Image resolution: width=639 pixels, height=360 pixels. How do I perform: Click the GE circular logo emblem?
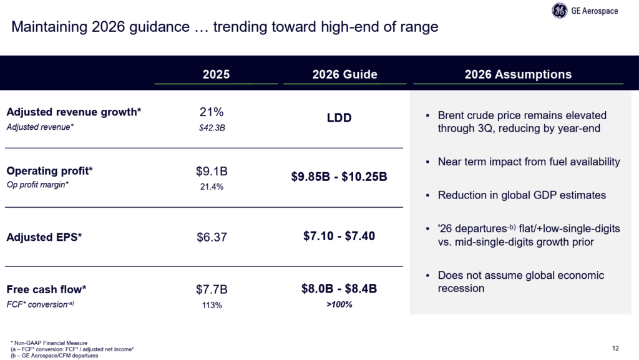click(560, 11)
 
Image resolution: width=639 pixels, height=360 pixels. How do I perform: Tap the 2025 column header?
click(216, 74)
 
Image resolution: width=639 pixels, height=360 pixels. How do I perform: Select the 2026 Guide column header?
click(344, 74)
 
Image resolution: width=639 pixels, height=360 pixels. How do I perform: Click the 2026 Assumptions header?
click(518, 74)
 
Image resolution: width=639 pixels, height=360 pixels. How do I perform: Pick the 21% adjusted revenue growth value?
click(211, 112)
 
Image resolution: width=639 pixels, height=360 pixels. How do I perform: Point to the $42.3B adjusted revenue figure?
click(211, 127)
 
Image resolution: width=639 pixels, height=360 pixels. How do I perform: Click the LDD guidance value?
click(339, 118)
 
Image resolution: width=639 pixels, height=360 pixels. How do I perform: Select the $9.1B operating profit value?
click(212, 171)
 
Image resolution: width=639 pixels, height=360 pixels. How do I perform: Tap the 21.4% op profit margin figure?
click(211, 187)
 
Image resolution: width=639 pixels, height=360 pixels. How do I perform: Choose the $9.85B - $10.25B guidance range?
click(339, 177)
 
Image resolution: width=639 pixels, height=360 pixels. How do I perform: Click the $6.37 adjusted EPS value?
click(211, 237)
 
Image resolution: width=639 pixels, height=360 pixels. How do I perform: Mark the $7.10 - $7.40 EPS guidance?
click(339, 236)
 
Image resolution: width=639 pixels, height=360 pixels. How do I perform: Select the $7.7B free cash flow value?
click(212, 289)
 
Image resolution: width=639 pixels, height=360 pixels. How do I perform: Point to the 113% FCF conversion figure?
click(211, 305)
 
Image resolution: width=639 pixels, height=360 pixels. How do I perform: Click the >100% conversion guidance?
click(339, 304)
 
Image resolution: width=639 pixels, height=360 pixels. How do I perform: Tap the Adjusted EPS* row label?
click(44, 237)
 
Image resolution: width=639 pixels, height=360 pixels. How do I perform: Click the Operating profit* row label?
click(49, 170)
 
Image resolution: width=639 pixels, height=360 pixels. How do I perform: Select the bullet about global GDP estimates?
click(522, 195)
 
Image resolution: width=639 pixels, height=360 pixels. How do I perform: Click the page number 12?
click(617, 347)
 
